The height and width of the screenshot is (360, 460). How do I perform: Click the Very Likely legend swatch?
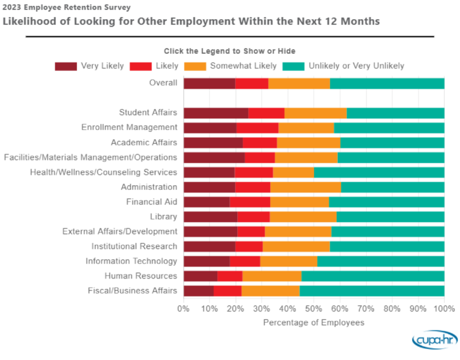tap(66, 66)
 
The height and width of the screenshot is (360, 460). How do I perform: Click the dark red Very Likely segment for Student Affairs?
tap(216, 113)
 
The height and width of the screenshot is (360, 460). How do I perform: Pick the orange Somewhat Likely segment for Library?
tap(303, 217)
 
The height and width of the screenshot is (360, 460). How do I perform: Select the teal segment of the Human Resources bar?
tap(373, 276)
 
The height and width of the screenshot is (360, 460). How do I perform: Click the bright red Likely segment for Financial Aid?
tap(250, 202)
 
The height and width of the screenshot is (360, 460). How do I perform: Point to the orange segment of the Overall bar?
tap(299, 83)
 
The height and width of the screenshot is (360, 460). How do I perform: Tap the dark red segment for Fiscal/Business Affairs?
tap(198, 290)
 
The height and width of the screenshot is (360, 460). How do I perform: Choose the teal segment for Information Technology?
tap(380, 261)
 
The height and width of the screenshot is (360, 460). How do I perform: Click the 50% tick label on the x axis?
tap(314, 307)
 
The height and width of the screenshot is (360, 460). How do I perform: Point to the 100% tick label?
tap(444, 307)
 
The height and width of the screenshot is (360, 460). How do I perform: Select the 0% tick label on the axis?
tap(184, 307)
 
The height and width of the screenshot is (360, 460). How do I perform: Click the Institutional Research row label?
tap(134, 246)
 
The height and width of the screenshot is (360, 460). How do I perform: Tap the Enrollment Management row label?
tap(129, 127)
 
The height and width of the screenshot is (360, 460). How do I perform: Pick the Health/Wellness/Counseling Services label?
tap(103, 172)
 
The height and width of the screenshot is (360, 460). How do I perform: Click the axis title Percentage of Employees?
tap(313, 323)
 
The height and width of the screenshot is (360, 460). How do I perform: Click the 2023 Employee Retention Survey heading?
tap(66, 8)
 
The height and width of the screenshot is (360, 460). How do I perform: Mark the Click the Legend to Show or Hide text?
tap(229, 51)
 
